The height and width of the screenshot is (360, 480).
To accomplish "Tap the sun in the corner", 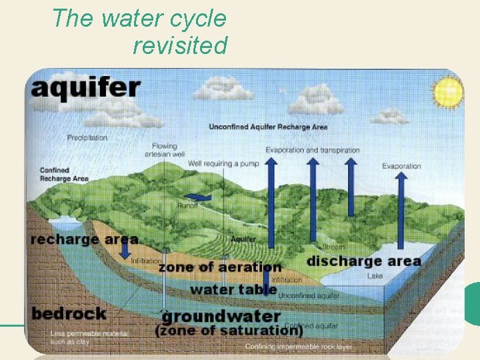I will click(448, 91).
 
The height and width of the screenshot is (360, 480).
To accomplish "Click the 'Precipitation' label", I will click(87, 138).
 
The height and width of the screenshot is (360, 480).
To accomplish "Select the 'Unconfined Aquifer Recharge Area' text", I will click(268, 127).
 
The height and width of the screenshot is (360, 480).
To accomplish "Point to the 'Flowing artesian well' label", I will click(165, 150).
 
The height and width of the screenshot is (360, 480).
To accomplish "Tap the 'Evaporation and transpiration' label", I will click(312, 150).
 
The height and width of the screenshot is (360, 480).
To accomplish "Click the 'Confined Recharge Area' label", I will click(63, 175).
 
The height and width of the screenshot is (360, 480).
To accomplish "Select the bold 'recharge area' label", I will click(84, 239).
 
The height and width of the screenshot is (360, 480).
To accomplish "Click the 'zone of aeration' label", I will click(220, 267).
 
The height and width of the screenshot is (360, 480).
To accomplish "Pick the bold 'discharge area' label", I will click(363, 261).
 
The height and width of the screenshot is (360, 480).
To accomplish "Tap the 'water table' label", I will click(233, 289).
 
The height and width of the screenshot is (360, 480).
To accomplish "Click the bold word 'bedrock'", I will click(69, 313).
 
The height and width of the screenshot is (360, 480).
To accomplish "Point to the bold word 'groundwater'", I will click(221, 316).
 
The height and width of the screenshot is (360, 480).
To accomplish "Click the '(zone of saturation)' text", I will click(229, 330).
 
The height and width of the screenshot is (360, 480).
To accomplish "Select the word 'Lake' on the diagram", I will click(375, 275).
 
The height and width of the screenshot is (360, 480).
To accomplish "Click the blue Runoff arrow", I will click(197, 197).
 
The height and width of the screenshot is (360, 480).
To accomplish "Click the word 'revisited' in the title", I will click(180, 46).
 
